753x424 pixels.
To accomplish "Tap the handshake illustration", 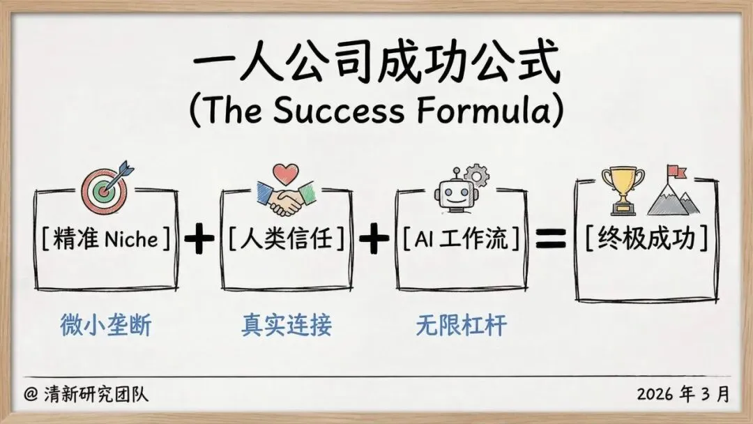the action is (x=286, y=198).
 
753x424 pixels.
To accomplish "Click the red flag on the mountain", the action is (x=675, y=171).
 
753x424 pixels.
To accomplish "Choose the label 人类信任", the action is (x=287, y=240).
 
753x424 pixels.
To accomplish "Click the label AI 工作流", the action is (x=461, y=240).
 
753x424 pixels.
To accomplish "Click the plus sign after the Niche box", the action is (x=199, y=240).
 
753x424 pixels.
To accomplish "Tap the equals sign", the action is (x=551, y=238).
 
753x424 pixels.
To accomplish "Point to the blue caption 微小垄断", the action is (x=105, y=326).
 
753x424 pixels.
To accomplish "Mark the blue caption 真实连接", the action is (x=287, y=326).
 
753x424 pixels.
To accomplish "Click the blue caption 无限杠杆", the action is (x=461, y=326).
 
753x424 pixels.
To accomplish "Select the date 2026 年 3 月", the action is (x=683, y=394).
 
